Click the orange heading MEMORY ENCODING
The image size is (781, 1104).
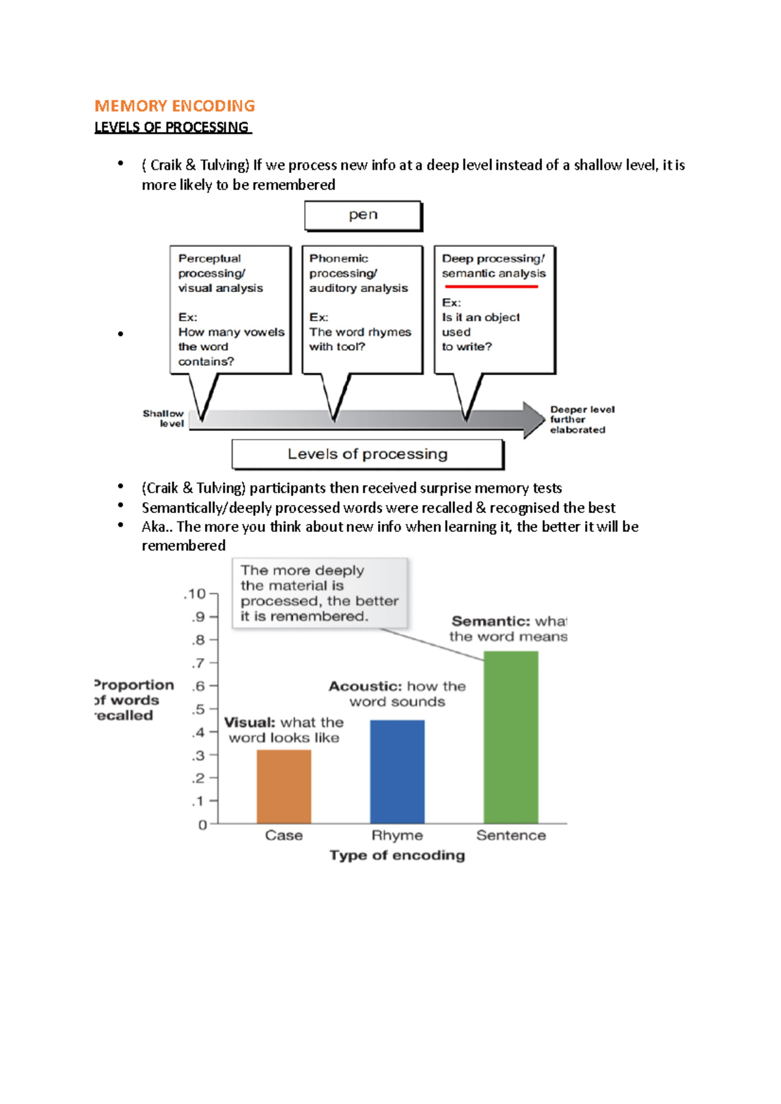(x=174, y=106)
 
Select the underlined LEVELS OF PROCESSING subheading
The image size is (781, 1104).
(x=172, y=127)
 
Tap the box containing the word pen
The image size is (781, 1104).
(x=363, y=215)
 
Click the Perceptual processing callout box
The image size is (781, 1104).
(x=230, y=309)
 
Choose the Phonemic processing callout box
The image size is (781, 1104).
(x=362, y=309)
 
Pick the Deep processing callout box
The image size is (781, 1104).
(x=494, y=309)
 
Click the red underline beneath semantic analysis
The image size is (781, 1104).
(x=491, y=286)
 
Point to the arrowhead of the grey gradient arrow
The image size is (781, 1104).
(x=534, y=419)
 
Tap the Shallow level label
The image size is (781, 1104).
(x=164, y=418)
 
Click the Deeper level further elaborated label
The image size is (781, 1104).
(x=581, y=419)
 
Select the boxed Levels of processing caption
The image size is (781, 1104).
(x=368, y=454)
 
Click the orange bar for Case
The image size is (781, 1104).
(x=284, y=787)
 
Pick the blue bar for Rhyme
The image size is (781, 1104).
(x=397, y=772)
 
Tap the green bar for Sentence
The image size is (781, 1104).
(x=511, y=737)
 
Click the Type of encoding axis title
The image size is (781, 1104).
(x=397, y=855)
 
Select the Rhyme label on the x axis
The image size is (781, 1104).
(x=397, y=835)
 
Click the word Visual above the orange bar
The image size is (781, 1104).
(x=249, y=722)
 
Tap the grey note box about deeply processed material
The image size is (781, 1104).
(x=320, y=593)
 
